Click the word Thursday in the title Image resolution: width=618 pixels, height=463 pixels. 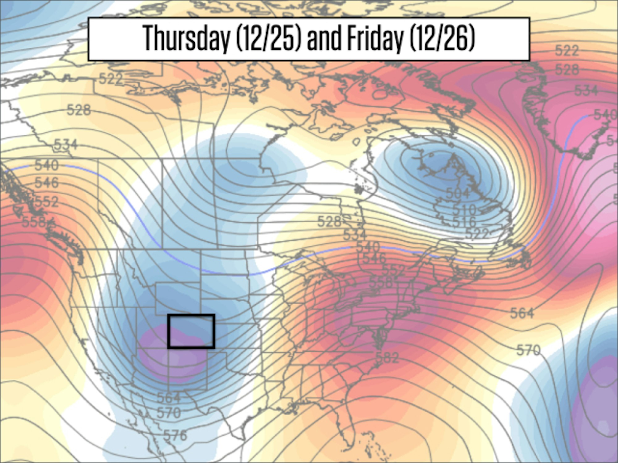pos(187,39)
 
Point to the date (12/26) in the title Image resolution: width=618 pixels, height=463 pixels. pos(442,39)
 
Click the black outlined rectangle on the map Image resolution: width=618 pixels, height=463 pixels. pos(191,331)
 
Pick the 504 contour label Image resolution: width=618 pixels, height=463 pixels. pos(458,193)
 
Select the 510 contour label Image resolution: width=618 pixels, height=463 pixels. pos(464,210)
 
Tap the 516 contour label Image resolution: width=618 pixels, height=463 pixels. pos(464,221)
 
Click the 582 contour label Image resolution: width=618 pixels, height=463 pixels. pos(387,357)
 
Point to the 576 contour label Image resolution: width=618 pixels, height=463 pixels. pos(175,435)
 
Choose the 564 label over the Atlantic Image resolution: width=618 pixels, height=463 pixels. pos(522,313)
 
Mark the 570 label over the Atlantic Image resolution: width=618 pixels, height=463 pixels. pos(528,350)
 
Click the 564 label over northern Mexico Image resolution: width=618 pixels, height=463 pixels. pos(169,398)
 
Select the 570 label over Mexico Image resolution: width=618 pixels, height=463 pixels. pos(169,412)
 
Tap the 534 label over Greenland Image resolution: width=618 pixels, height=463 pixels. pos(586,90)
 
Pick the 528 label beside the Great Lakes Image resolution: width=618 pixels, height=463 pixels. pos(329,221)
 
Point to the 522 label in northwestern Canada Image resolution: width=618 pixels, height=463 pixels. pos(111,79)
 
